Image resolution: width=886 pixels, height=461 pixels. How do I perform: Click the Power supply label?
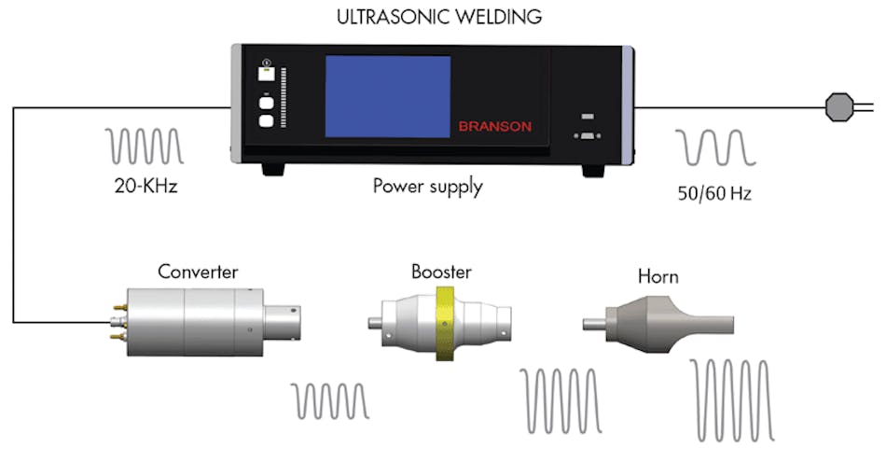[x=428, y=186]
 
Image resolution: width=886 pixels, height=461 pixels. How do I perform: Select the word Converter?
[x=198, y=272]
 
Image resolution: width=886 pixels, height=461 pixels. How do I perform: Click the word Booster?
[x=441, y=272]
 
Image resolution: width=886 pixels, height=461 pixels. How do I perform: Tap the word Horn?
[x=658, y=277]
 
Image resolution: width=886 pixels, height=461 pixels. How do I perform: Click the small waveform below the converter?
[x=331, y=399]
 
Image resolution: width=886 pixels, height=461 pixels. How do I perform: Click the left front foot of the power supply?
[x=272, y=170]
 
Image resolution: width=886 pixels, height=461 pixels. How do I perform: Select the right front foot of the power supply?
[x=593, y=171]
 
